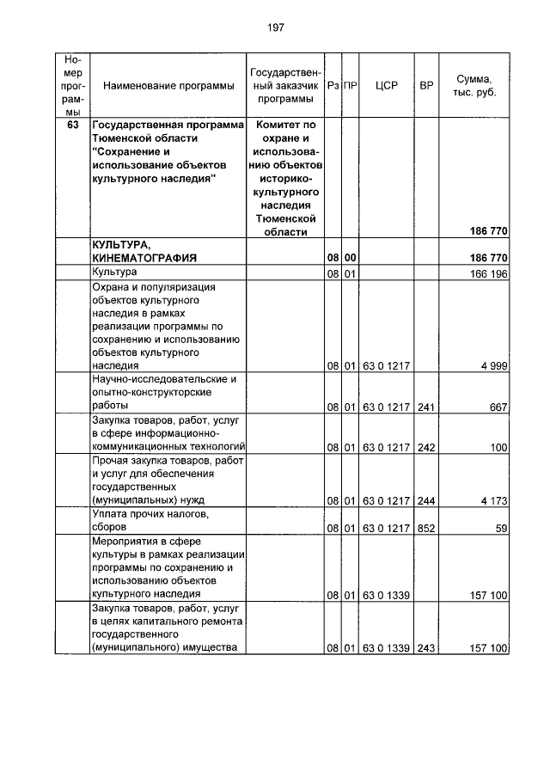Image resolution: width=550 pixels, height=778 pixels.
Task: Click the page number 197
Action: [x=275, y=28]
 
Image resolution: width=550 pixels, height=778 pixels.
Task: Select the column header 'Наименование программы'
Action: [x=168, y=86]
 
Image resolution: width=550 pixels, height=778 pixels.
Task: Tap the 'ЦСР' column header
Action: [x=387, y=86]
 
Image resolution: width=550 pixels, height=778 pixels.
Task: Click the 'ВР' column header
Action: [x=426, y=86]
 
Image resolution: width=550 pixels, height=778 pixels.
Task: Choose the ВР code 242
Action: [x=426, y=448]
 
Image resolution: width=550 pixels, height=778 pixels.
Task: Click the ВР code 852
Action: [x=426, y=528]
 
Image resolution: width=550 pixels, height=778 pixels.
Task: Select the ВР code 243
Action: [x=426, y=647]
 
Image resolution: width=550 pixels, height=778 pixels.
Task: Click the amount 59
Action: [x=502, y=528]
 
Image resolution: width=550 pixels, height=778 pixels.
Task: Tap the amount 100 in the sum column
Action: [x=498, y=448]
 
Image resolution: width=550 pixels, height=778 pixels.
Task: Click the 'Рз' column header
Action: [x=333, y=86]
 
